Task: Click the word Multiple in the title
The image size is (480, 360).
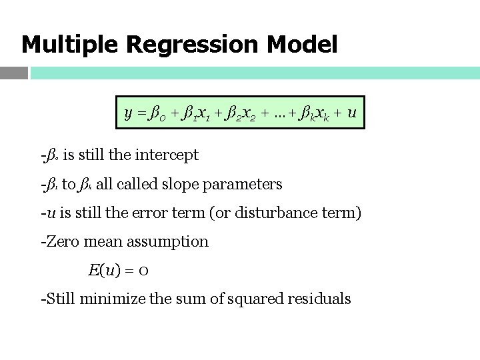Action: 69,45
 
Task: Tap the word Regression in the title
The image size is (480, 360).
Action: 192,45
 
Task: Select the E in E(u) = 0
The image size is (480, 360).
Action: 93,270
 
